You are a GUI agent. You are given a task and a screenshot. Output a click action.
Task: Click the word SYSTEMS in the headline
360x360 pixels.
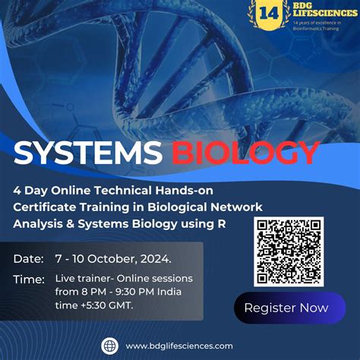point(87,153)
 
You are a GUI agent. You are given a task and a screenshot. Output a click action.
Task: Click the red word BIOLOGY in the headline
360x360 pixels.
point(245,153)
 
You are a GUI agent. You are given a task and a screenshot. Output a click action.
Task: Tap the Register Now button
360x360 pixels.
point(286,308)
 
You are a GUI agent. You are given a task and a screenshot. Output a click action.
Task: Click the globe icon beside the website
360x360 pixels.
point(109,346)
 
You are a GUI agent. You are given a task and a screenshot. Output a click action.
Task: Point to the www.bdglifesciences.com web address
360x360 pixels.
point(180,346)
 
